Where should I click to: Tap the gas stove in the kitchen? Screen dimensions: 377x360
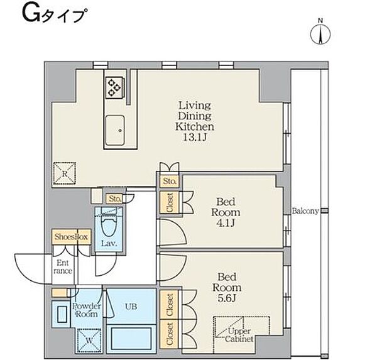pyautogui.click(x=114, y=87)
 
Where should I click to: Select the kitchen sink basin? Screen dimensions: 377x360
pyautogui.click(x=115, y=131)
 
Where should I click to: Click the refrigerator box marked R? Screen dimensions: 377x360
pyautogui.click(x=65, y=173)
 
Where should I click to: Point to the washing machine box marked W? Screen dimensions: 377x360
pyautogui.click(x=89, y=341)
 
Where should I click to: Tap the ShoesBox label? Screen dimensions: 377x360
pyautogui.click(x=71, y=237)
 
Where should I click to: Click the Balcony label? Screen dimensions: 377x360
pyautogui.click(x=305, y=211)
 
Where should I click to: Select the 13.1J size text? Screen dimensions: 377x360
pyautogui.click(x=195, y=137)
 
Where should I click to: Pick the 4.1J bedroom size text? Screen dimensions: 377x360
pyautogui.click(x=226, y=223)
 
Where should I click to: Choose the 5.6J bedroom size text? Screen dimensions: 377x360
pyautogui.click(x=227, y=298)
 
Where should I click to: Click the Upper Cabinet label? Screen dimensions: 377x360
pyautogui.click(x=239, y=335)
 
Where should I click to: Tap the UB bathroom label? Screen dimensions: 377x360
pyautogui.click(x=131, y=307)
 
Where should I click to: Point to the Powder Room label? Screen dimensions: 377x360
pyautogui.click(x=87, y=310)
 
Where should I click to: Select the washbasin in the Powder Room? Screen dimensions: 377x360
pyautogui.click(x=62, y=314)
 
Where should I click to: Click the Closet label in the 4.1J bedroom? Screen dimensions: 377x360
pyautogui.click(x=170, y=202)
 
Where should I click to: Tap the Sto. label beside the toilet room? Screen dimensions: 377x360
pyautogui.click(x=115, y=199)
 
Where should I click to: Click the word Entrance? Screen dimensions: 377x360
pyautogui.click(x=63, y=267)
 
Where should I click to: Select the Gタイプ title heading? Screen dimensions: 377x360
pyautogui.click(x=54, y=15)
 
